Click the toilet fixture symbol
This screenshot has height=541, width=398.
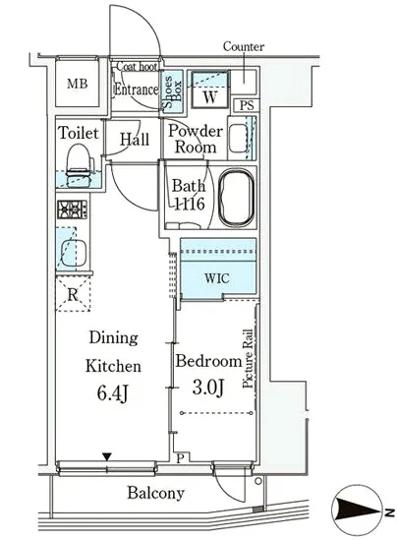(80, 166)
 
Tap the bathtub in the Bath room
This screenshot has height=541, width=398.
(237, 198)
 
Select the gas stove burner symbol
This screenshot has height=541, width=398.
(73, 210)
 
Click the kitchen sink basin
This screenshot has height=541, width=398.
(74, 253)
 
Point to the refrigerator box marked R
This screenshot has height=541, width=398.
(73, 294)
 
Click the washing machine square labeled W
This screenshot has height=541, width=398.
(210, 90)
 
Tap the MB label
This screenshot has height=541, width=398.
(78, 84)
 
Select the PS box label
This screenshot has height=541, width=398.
(247, 105)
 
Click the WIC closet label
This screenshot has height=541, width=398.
(216, 278)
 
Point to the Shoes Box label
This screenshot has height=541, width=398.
(172, 91)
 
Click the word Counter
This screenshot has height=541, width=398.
(244, 46)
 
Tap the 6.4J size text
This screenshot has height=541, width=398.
(113, 393)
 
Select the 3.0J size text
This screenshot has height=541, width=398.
(208, 388)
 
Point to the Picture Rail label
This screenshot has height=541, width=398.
(248, 359)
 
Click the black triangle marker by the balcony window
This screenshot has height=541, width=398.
(107, 456)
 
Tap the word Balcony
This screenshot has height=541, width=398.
(155, 493)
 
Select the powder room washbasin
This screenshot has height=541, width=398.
(238, 138)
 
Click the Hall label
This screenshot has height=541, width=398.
(135, 140)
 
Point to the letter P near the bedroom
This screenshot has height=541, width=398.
(181, 458)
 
